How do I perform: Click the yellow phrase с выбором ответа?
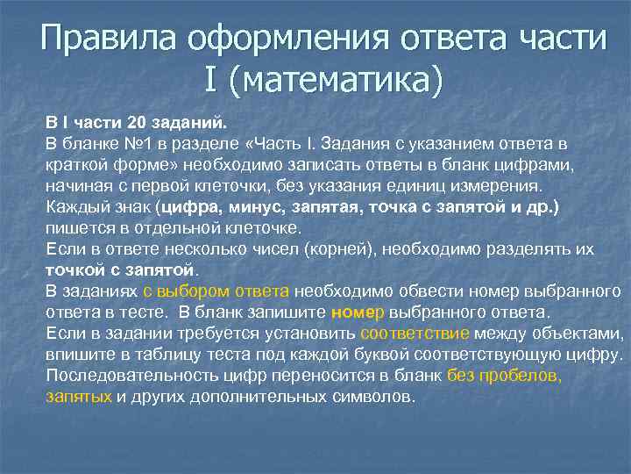(x=216, y=291)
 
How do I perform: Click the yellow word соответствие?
(x=415, y=334)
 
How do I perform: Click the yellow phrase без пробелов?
(x=504, y=376)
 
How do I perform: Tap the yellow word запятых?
(x=79, y=397)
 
